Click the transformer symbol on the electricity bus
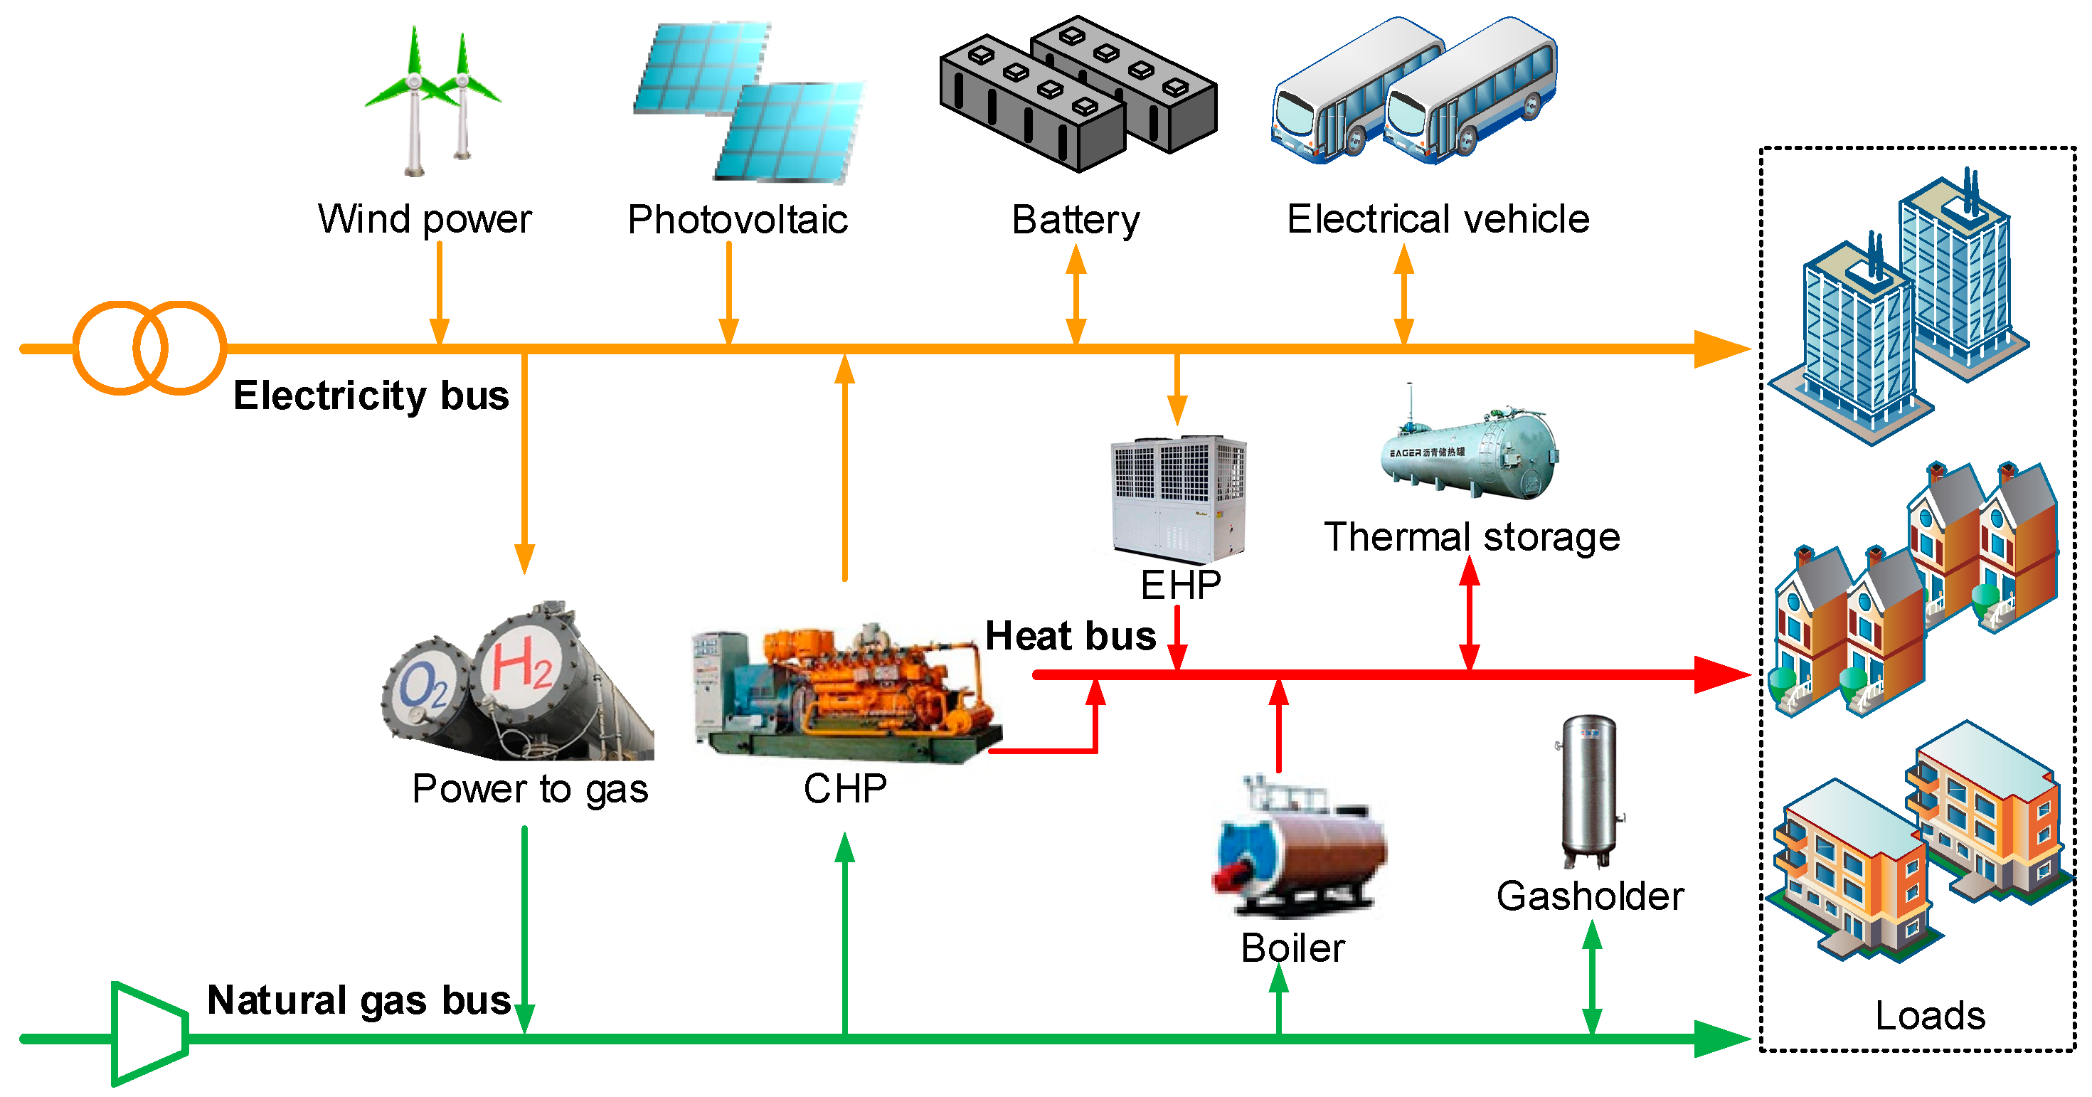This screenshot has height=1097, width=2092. tap(149, 348)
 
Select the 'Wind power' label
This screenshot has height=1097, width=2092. tap(424, 219)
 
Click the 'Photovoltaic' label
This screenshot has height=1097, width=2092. tap(738, 220)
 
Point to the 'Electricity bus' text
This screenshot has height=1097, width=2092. tap(371, 396)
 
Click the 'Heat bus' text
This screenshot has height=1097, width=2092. tap(1070, 636)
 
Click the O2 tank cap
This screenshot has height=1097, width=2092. tap(424, 687)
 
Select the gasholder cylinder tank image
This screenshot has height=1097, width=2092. tap(1588, 789)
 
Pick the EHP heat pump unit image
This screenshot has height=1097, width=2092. tap(1177, 499)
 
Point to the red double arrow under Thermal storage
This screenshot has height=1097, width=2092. tap(1469, 613)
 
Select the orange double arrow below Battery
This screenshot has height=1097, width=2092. tap(1076, 295)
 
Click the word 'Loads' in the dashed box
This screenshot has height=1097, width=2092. tap(1930, 1015)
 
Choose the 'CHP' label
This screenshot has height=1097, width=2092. tap(844, 788)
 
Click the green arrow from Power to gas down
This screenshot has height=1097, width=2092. tap(525, 926)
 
